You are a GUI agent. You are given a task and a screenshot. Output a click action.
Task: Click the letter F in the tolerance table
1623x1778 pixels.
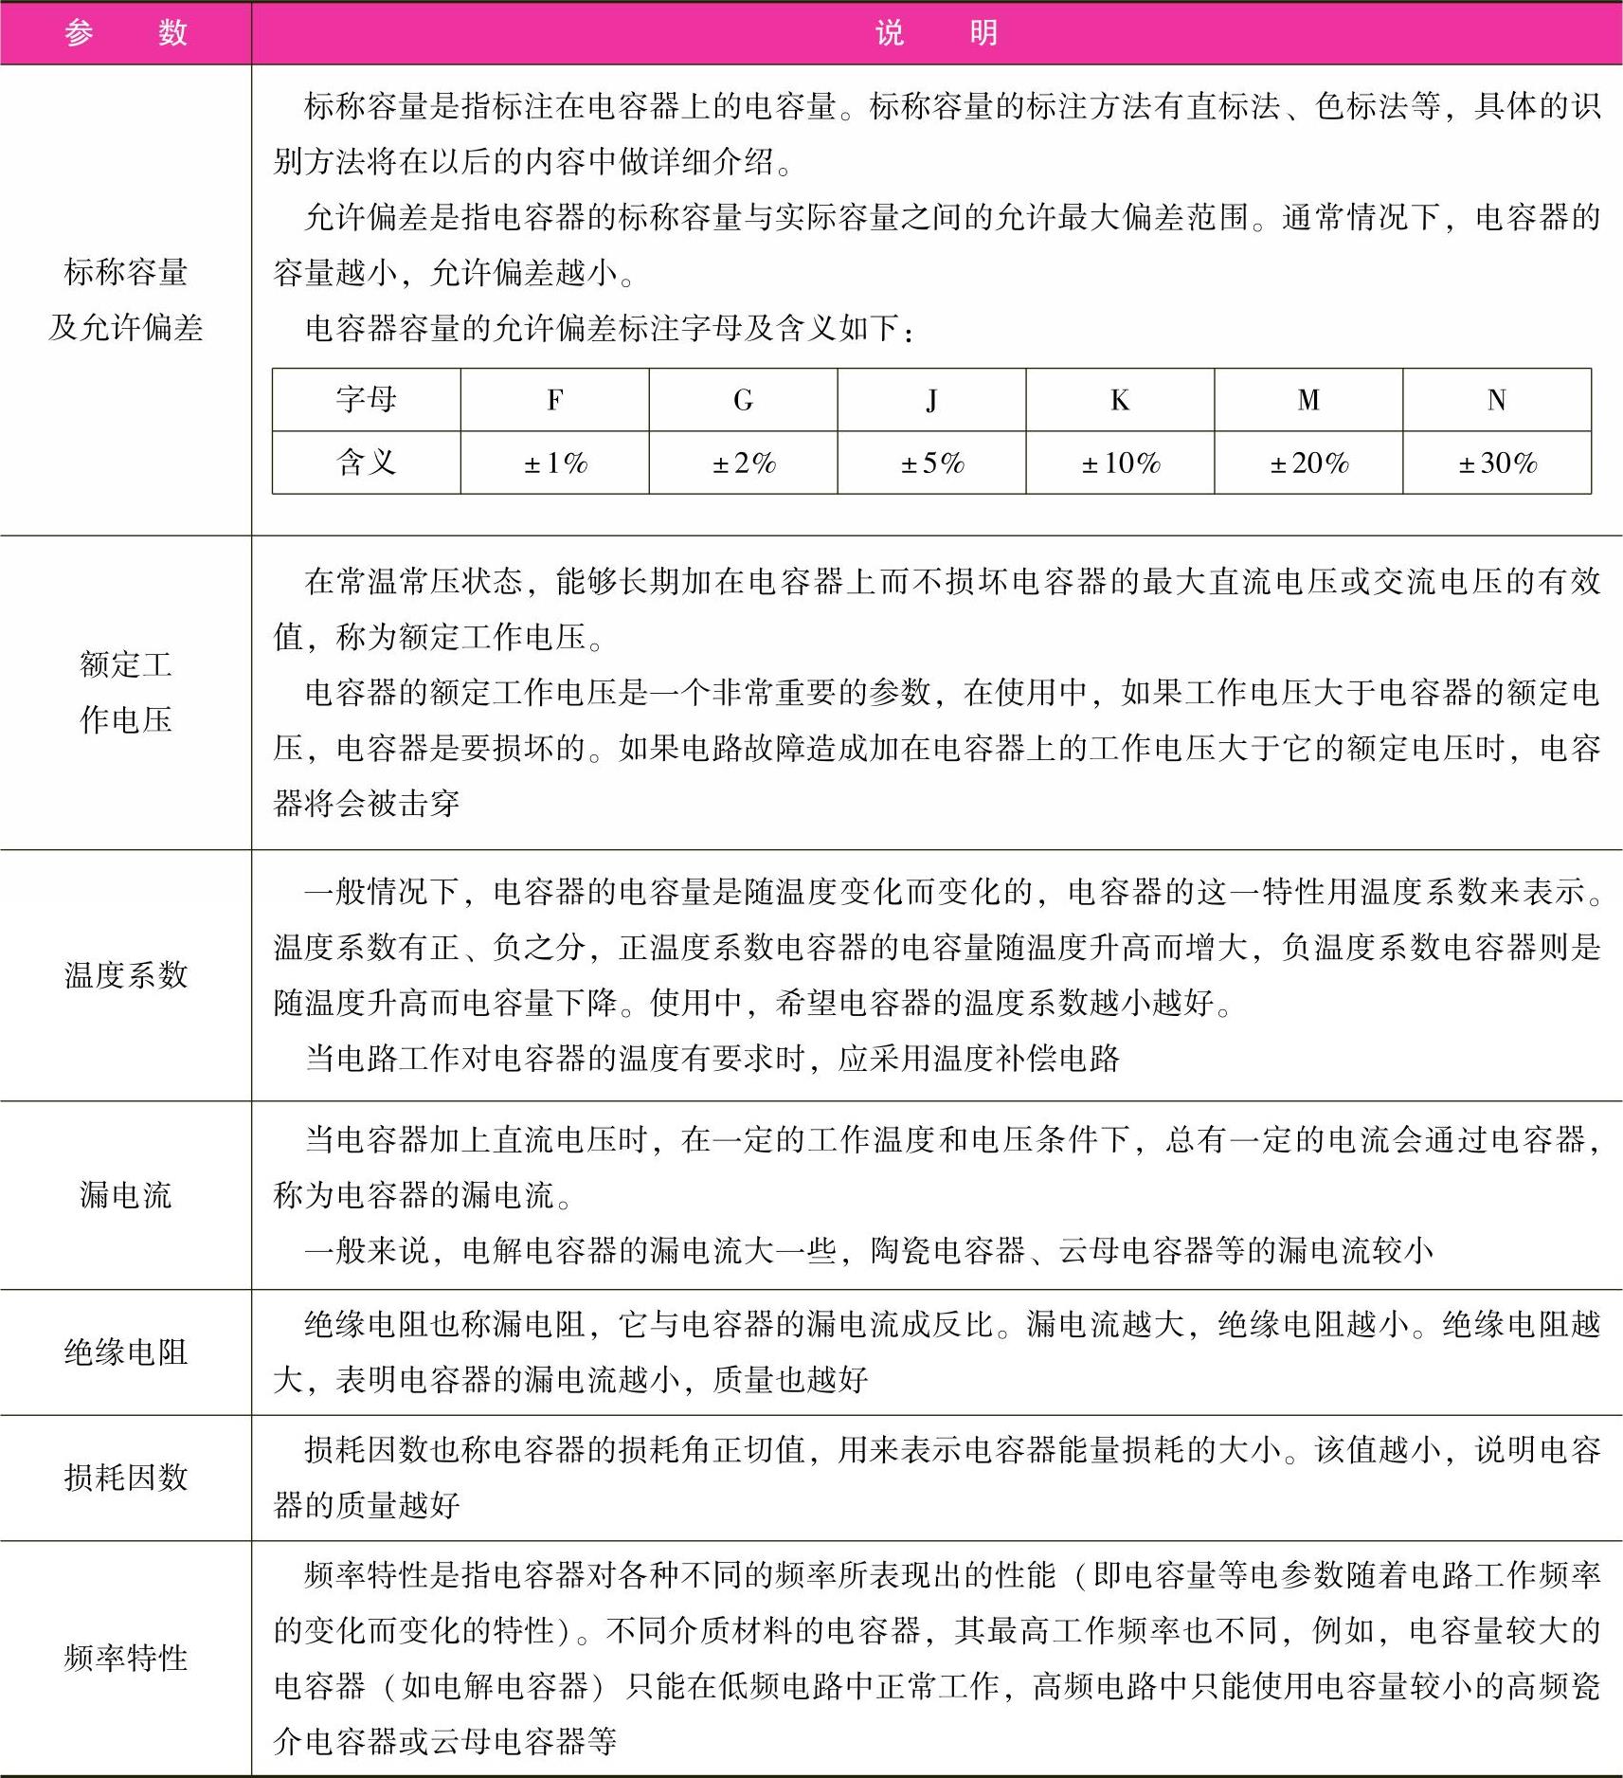tap(555, 400)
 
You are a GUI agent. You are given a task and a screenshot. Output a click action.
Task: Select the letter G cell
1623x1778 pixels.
tap(743, 400)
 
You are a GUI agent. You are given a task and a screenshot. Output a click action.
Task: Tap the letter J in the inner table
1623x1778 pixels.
tap(931, 400)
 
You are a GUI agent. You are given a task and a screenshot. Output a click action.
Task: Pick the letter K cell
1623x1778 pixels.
tap(1120, 400)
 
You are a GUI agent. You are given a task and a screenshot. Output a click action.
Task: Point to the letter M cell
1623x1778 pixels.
tap(1308, 400)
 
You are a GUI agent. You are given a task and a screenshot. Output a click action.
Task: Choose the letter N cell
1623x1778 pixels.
tap(1497, 400)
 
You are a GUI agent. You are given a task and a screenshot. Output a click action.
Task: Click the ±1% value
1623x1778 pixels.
tap(555, 463)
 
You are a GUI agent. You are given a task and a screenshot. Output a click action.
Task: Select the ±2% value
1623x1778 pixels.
tap(744, 463)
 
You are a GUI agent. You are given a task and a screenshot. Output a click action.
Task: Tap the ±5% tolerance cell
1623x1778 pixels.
tap(932, 463)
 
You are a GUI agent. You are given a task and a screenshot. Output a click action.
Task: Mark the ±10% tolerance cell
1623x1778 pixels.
tap(1121, 463)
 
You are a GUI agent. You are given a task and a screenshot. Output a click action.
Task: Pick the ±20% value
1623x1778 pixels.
tap(1309, 463)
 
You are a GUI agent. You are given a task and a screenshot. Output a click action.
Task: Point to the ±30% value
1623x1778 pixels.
tap(1497, 463)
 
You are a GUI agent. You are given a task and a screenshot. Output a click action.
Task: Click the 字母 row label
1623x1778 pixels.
tap(366, 400)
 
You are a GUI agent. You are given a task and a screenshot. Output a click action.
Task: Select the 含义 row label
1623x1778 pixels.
tap(366, 463)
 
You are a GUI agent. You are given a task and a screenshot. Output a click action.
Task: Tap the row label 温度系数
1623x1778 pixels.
tap(126, 974)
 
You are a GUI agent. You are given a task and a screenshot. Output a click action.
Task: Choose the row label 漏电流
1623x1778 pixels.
tap(126, 1194)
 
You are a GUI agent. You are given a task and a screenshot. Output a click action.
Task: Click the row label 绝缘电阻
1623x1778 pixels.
tap(126, 1352)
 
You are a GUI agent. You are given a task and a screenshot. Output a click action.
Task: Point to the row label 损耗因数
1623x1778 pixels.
tap(126, 1477)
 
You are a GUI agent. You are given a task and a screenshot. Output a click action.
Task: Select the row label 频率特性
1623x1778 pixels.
tap(126, 1658)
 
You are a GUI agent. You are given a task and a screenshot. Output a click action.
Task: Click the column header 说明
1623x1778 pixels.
tap(936, 33)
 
